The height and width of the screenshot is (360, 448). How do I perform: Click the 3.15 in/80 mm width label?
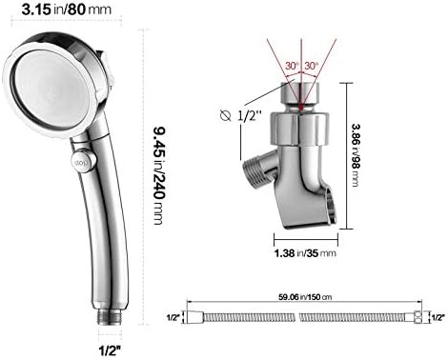[67, 10]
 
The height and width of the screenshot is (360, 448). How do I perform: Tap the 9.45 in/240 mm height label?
[158, 175]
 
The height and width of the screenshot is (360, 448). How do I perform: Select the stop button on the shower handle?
[83, 161]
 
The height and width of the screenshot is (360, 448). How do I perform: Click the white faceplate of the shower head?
[51, 89]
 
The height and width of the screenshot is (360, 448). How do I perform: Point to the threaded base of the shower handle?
[110, 316]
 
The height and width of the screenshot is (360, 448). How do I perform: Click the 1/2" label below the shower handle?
[111, 350]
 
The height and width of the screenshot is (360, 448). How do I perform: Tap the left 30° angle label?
[292, 66]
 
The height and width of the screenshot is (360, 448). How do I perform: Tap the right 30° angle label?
[311, 66]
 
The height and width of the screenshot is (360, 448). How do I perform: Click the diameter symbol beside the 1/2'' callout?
[226, 115]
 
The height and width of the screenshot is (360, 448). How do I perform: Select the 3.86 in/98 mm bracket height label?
[356, 155]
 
